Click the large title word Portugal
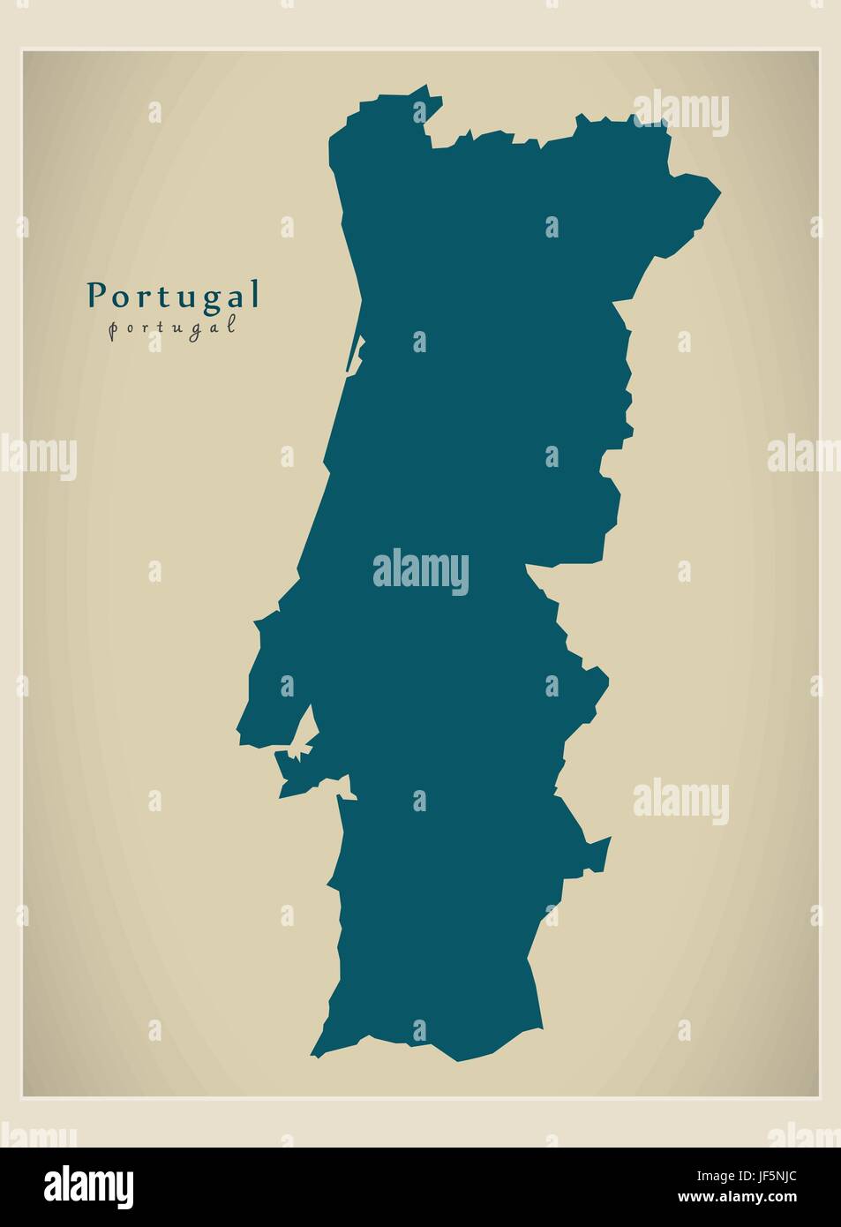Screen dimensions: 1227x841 click(173, 296)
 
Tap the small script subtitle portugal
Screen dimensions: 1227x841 click(173, 326)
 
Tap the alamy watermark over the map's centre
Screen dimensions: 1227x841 click(421, 569)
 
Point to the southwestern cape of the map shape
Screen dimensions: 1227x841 click(313, 1054)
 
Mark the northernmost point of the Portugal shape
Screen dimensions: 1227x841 click(427, 87)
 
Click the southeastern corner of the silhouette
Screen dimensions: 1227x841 click(539, 1028)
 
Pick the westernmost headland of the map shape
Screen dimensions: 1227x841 click(238, 733)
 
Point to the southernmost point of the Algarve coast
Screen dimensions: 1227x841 click(457, 1059)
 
